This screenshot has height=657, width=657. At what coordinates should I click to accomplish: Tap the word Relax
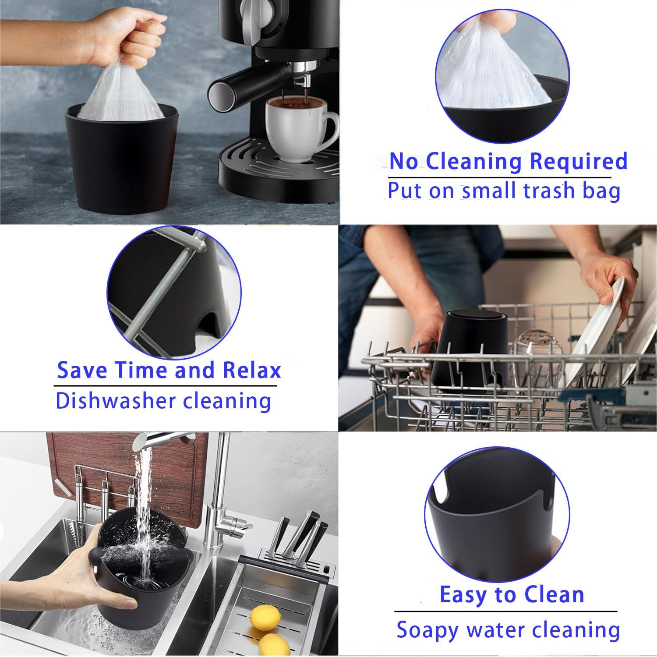coord(251,370)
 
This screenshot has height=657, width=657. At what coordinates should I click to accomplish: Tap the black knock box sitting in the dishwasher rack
coord(473,350)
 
